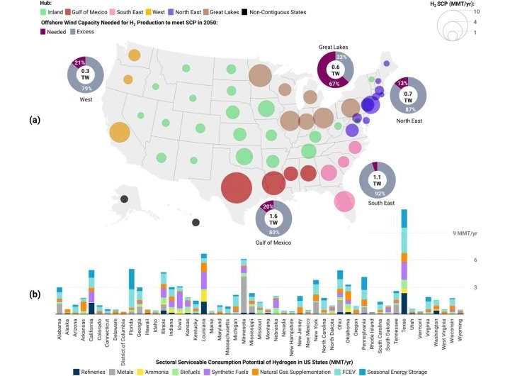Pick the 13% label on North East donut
pos(402,81)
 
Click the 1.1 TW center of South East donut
pos(376,179)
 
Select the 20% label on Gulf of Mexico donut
pos(268,207)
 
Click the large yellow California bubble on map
pos(120,133)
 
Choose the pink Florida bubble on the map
pos(344,203)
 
